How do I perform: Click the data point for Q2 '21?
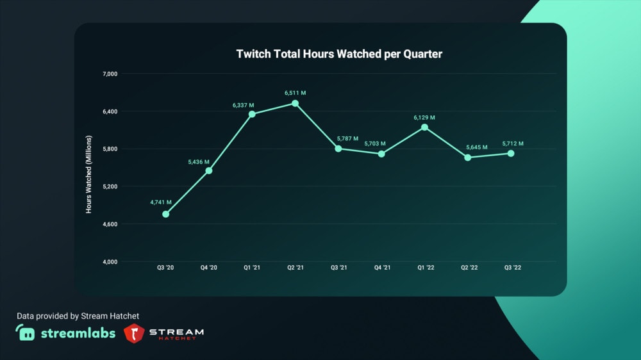point(295,103)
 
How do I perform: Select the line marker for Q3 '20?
point(165,214)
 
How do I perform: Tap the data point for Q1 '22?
point(424,127)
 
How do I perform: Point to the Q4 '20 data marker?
point(208,170)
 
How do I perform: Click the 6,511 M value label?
point(295,93)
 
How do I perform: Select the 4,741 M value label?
point(161,202)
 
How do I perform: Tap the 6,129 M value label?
point(424,117)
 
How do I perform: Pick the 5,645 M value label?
point(467,147)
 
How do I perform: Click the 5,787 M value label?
point(347,138)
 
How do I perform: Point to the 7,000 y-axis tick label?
point(110,74)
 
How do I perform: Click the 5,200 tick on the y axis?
point(110,186)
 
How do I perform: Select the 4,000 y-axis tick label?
point(110,262)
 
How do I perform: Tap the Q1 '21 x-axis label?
point(252,267)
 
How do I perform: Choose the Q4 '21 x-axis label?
point(381,267)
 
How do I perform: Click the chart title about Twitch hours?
point(339,54)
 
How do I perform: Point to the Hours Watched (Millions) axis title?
point(89,174)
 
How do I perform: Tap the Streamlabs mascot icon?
point(26,333)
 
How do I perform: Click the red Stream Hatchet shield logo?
point(134,333)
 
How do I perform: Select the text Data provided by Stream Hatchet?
point(78,316)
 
